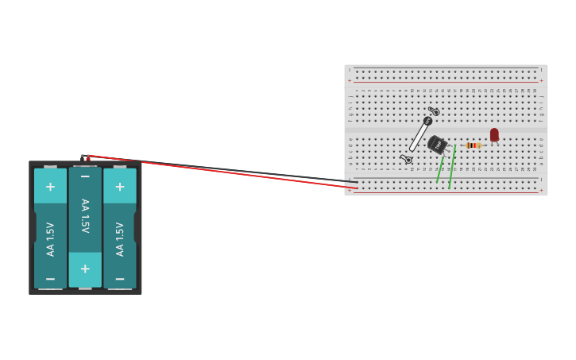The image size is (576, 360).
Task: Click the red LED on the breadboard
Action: click(x=494, y=135)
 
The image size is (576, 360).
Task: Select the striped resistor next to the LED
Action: click(x=474, y=145)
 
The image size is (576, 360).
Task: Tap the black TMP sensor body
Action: click(x=436, y=145)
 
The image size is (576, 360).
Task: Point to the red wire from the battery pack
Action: click(x=222, y=172)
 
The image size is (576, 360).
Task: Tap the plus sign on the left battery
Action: click(x=50, y=187)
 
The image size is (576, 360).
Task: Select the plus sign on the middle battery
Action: click(x=85, y=269)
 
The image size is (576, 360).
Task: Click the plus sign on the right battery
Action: click(x=120, y=187)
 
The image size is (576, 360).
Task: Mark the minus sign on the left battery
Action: click(x=50, y=279)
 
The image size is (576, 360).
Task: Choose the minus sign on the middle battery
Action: click(x=85, y=176)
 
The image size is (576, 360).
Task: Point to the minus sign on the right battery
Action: click(x=120, y=279)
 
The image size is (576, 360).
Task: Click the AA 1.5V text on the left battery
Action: click(x=50, y=238)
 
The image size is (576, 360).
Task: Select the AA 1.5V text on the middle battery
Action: click(x=85, y=215)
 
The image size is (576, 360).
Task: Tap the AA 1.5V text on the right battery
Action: click(x=120, y=238)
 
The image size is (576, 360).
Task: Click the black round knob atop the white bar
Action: click(x=427, y=122)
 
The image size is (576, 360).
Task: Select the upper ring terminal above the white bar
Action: click(x=435, y=111)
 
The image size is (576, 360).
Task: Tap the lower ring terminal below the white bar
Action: click(x=408, y=160)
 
